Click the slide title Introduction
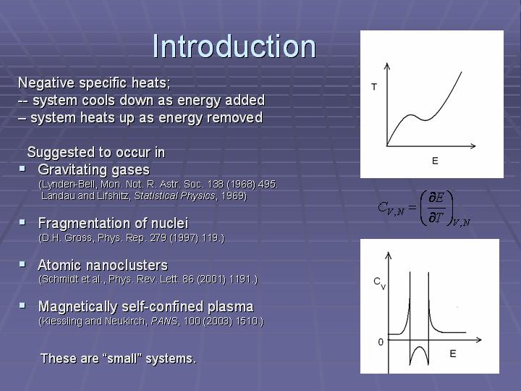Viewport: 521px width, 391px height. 234,46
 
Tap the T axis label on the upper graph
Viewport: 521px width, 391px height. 374,87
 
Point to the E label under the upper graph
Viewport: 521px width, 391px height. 435,161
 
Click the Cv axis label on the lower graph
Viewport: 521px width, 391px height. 379,283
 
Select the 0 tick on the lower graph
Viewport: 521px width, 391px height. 381,342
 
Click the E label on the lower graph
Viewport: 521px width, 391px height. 453,353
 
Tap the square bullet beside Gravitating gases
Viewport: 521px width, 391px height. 22,169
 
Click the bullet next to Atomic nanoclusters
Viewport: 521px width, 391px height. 22,264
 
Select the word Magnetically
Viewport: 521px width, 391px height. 77,307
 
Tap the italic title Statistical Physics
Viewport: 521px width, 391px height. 175,195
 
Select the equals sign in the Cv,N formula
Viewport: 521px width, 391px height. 412,208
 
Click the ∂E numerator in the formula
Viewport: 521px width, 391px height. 436,198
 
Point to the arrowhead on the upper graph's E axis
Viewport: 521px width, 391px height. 473,146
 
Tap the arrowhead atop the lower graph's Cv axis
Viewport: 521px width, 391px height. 389,255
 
